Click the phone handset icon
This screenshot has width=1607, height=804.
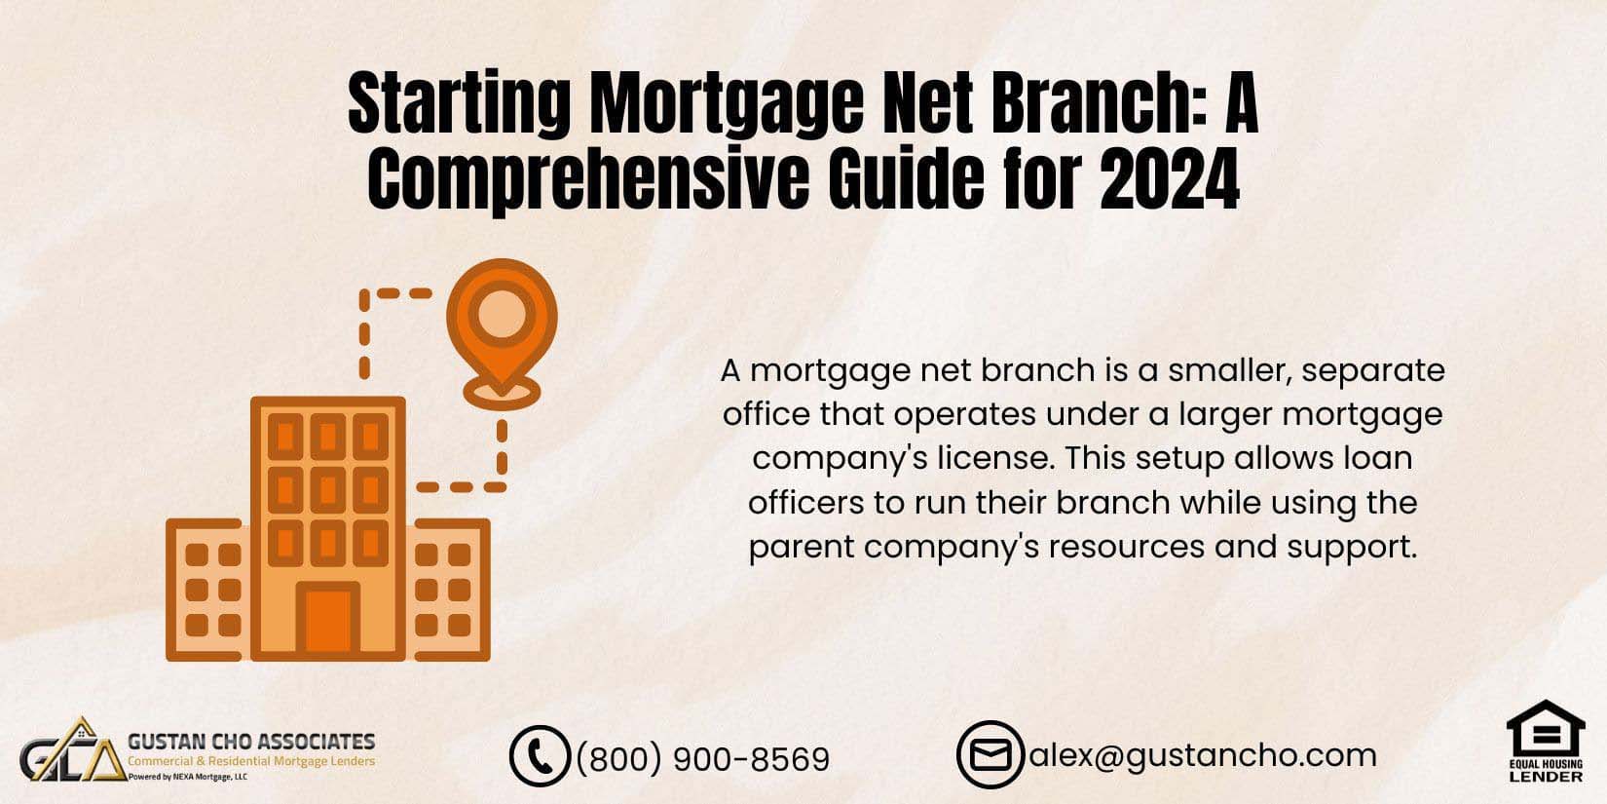coord(539,756)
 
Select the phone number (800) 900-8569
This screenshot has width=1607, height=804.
coord(703,759)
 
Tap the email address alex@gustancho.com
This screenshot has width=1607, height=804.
coord(1203,754)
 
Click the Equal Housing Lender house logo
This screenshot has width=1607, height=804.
coord(1545,741)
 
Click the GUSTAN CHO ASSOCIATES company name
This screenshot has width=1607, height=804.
coord(251,743)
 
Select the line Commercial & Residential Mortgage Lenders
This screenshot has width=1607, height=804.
coord(251,761)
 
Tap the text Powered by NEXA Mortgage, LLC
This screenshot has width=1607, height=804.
coord(188,777)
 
